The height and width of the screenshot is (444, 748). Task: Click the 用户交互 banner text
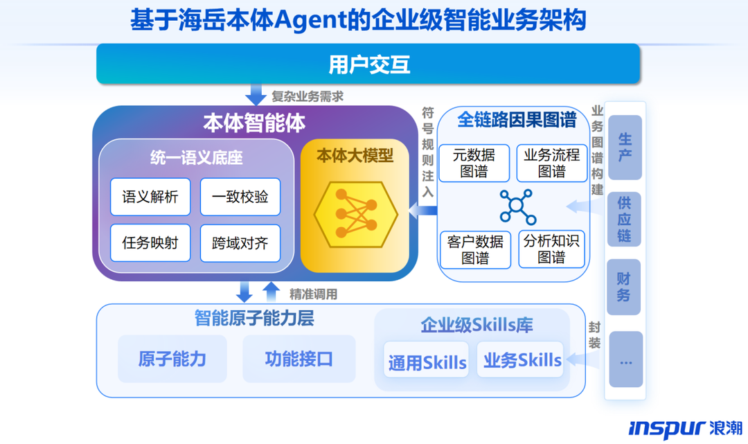[369, 64]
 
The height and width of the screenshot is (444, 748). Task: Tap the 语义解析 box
[150, 197]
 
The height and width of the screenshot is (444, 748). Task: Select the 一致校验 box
[240, 197]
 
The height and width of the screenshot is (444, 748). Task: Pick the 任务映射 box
[150, 242]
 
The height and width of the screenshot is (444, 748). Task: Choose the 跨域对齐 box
[240, 243]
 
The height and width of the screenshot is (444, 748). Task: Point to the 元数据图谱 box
[474, 163]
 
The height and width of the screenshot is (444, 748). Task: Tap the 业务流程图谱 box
[552, 163]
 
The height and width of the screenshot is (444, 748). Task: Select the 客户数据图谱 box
[474, 249]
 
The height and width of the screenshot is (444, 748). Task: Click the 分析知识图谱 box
[552, 249]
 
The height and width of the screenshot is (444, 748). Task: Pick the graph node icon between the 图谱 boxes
[517, 206]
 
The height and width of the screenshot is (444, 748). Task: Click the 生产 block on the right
[625, 148]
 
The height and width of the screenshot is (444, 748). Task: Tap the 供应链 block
[625, 220]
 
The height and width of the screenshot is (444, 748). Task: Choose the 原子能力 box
[172, 359]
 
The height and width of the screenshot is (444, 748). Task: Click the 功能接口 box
[299, 359]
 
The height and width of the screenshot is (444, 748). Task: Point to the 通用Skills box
[427, 361]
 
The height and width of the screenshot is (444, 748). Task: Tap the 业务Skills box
[522, 359]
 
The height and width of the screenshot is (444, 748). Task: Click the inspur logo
[685, 427]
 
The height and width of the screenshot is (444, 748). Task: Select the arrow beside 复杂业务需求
[257, 94]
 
